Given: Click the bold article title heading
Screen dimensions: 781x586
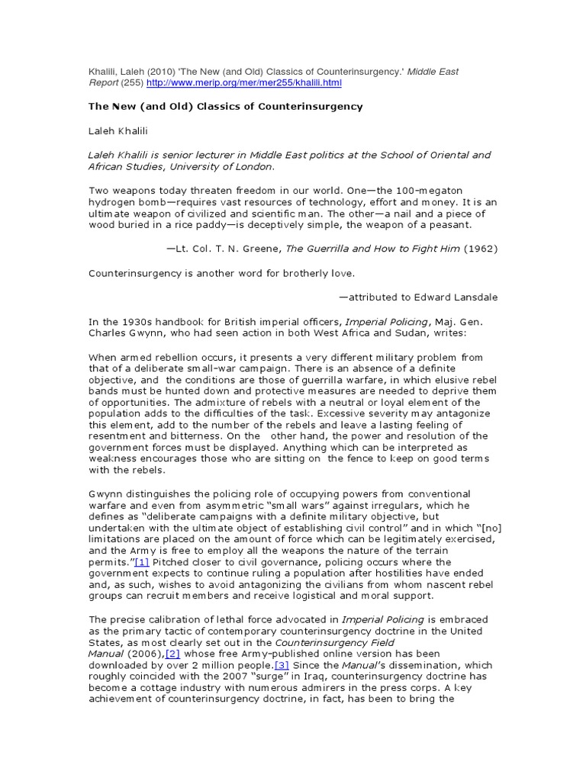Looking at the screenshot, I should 225,107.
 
